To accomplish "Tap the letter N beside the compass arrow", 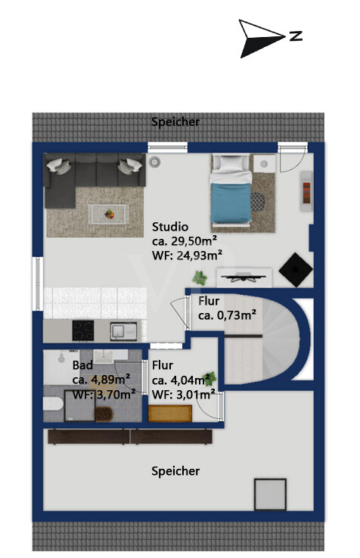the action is (x=296, y=36).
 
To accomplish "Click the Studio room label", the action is (x=170, y=227).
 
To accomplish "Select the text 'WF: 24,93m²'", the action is (x=188, y=255).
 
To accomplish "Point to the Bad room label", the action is (x=82, y=365).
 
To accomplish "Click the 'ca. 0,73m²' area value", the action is (x=227, y=315).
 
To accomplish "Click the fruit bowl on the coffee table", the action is (x=110, y=214).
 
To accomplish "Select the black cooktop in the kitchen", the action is (x=83, y=330).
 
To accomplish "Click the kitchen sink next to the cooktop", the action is (x=123, y=331).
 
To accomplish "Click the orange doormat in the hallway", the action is (x=170, y=414).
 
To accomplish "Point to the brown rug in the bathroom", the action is (x=104, y=414).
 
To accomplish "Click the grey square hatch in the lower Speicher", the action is (x=270, y=494).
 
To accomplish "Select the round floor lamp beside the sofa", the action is (x=154, y=163).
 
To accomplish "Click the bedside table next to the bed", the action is (x=264, y=164).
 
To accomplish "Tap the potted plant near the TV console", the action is (x=200, y=277).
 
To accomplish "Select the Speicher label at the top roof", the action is (x=175, y=122).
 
